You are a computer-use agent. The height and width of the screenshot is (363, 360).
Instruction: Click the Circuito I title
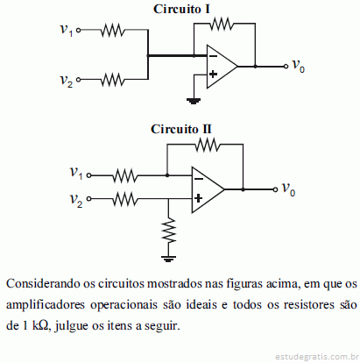181,9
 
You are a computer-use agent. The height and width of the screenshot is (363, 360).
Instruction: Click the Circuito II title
181,129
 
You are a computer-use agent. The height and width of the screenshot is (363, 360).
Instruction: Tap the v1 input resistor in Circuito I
112,30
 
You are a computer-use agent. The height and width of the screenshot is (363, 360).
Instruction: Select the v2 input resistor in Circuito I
112,80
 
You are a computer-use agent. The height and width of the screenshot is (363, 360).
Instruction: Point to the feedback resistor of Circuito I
222,24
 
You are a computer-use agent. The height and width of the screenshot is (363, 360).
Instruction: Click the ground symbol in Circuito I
194,101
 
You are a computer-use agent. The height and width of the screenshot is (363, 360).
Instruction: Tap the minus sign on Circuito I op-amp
213,56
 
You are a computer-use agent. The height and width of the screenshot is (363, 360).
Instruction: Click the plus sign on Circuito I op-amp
213,75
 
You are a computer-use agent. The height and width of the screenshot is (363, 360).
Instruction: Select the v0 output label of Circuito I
299,65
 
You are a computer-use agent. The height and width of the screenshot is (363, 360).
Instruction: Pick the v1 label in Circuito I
67,30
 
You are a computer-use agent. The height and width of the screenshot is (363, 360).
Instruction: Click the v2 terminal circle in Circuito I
78,80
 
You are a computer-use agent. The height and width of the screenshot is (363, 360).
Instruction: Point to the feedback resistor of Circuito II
208,145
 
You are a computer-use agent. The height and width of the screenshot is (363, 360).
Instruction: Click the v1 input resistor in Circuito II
125,175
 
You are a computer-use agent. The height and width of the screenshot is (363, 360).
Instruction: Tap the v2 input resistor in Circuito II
125,199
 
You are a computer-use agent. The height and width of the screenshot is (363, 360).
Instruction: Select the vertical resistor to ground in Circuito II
168,231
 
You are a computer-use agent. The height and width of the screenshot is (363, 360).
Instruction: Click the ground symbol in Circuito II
168,259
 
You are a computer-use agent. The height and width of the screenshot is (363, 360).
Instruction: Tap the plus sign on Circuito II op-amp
198,199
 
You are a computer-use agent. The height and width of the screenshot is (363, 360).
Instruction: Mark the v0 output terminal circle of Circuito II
275,189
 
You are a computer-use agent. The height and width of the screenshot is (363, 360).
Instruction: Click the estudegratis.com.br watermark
317,357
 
